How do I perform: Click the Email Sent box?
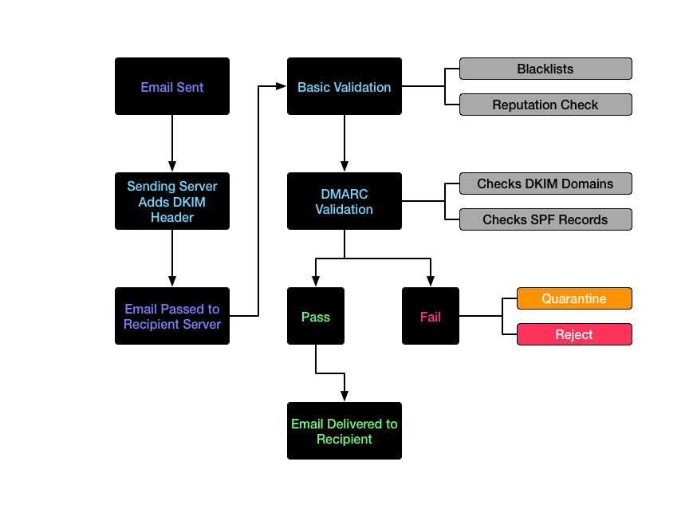172,86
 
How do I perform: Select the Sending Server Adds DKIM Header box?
172,201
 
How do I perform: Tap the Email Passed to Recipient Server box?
172,316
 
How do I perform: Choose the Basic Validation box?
344,86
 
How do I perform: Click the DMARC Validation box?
344,201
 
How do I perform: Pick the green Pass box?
316,316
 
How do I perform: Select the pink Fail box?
431,316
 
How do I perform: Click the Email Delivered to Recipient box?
344,431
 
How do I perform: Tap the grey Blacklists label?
545,69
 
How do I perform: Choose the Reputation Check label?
545,105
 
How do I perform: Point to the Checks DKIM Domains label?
545,184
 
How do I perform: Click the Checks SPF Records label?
545,219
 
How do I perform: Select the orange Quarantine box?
574,298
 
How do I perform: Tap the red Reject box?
574,334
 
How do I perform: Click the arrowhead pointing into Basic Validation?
282,86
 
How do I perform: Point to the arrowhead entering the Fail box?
431,282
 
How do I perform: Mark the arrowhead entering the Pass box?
316,282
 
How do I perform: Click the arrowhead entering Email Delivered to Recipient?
344,396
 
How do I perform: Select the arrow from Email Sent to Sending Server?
172,144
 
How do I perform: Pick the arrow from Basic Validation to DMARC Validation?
344,144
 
